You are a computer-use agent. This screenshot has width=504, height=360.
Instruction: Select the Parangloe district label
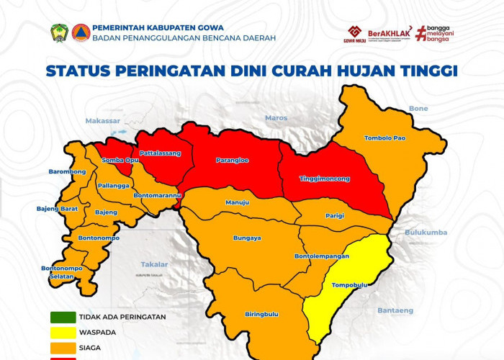[x=232, y=160]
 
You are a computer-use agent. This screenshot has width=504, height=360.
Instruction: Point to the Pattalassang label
[x=160, y=153]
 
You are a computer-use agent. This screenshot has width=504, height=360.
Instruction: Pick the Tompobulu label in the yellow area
[x=349, y=285]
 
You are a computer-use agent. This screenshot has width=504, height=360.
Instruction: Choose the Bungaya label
[x=247, y=238]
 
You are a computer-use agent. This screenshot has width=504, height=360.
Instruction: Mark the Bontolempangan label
[x=322, y=256]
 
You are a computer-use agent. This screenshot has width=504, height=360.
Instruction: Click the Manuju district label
[x=237, y=203]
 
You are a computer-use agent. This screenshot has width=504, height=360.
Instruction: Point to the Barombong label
[x=68, y=172]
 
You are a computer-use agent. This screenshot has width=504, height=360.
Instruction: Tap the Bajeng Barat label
[x=57, y=209]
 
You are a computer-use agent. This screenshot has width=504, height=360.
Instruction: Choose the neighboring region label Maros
[x=276, y=117]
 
